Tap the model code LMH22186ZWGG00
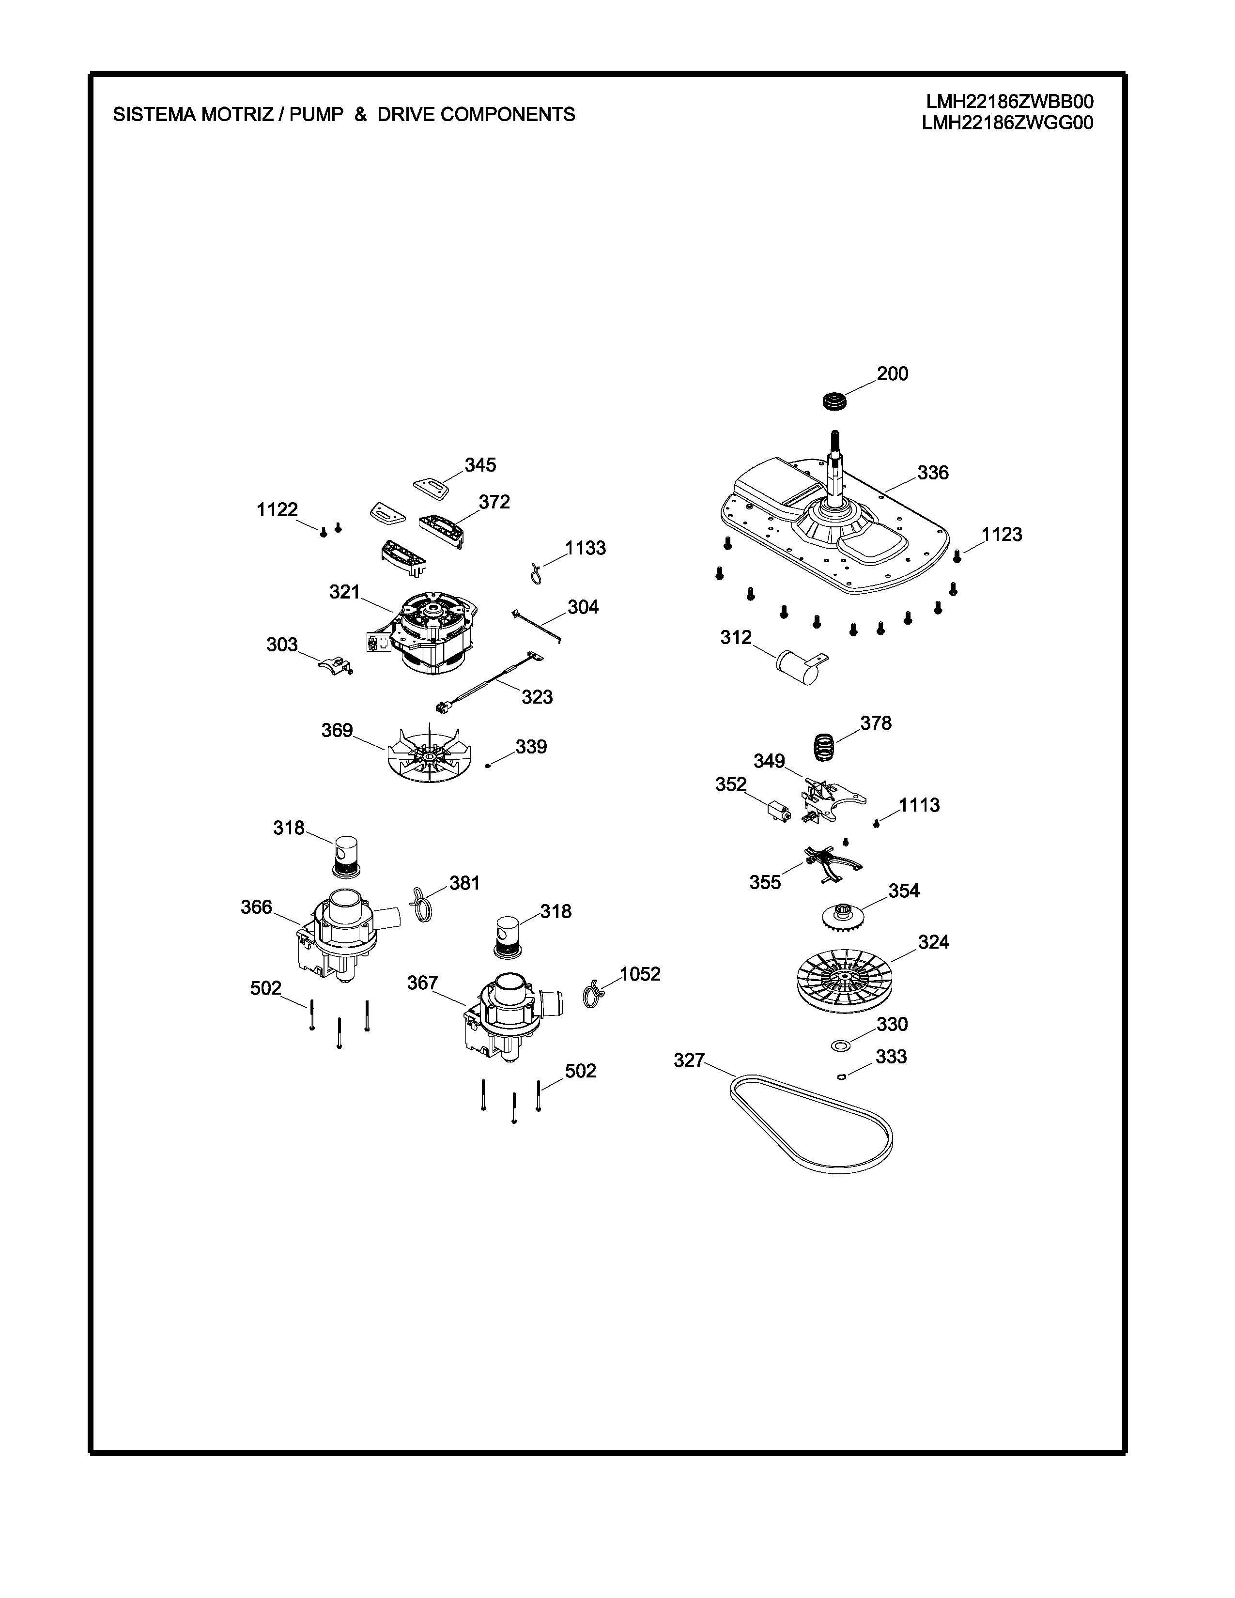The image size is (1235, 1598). click(x=1007, y=123)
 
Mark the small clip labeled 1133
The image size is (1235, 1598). click(x=536, y=572)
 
